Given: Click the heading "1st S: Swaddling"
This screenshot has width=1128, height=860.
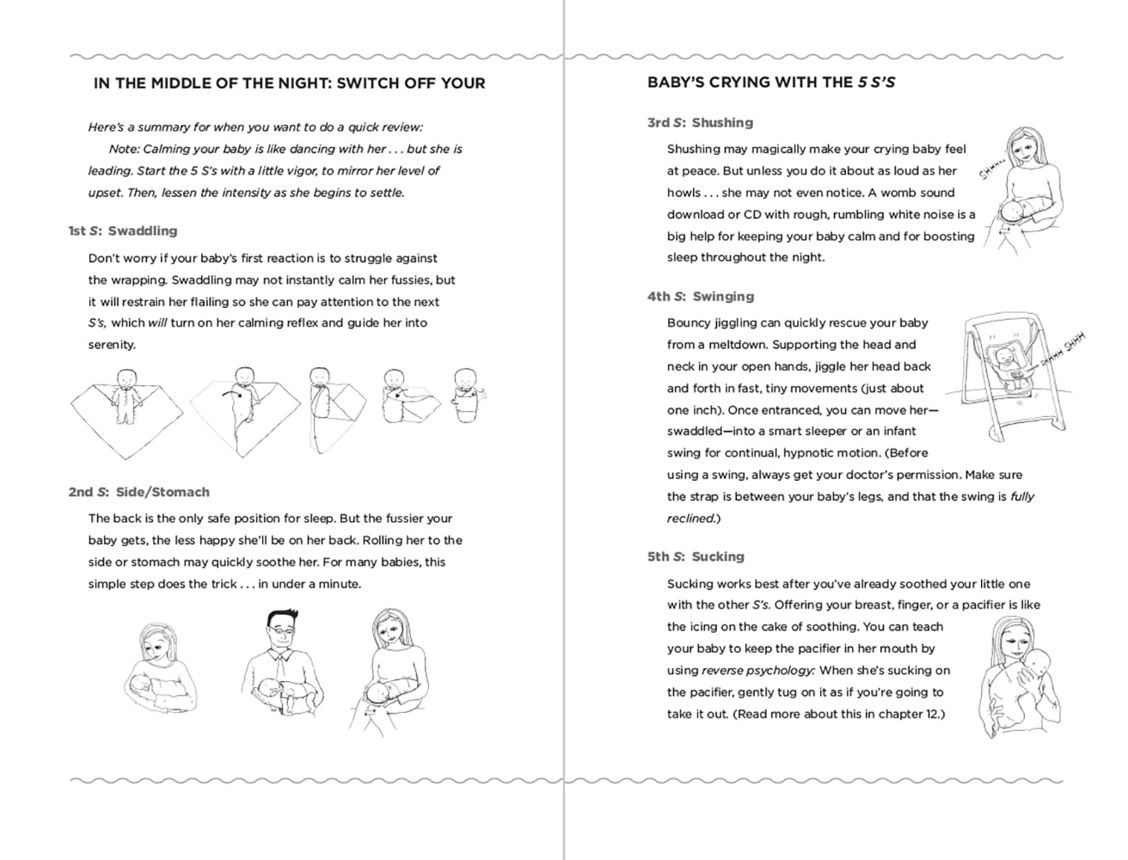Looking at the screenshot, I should click(123, 230).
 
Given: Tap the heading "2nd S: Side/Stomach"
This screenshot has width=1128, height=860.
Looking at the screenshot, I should click(138, 492).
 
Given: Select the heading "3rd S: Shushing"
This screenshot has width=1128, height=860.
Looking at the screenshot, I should click(700, 122).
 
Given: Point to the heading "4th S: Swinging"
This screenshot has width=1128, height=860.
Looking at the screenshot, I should click(700, 296).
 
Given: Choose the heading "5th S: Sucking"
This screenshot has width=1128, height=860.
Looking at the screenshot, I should click(696, 556).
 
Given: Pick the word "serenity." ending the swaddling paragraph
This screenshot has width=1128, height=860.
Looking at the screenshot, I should click(112, 345).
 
